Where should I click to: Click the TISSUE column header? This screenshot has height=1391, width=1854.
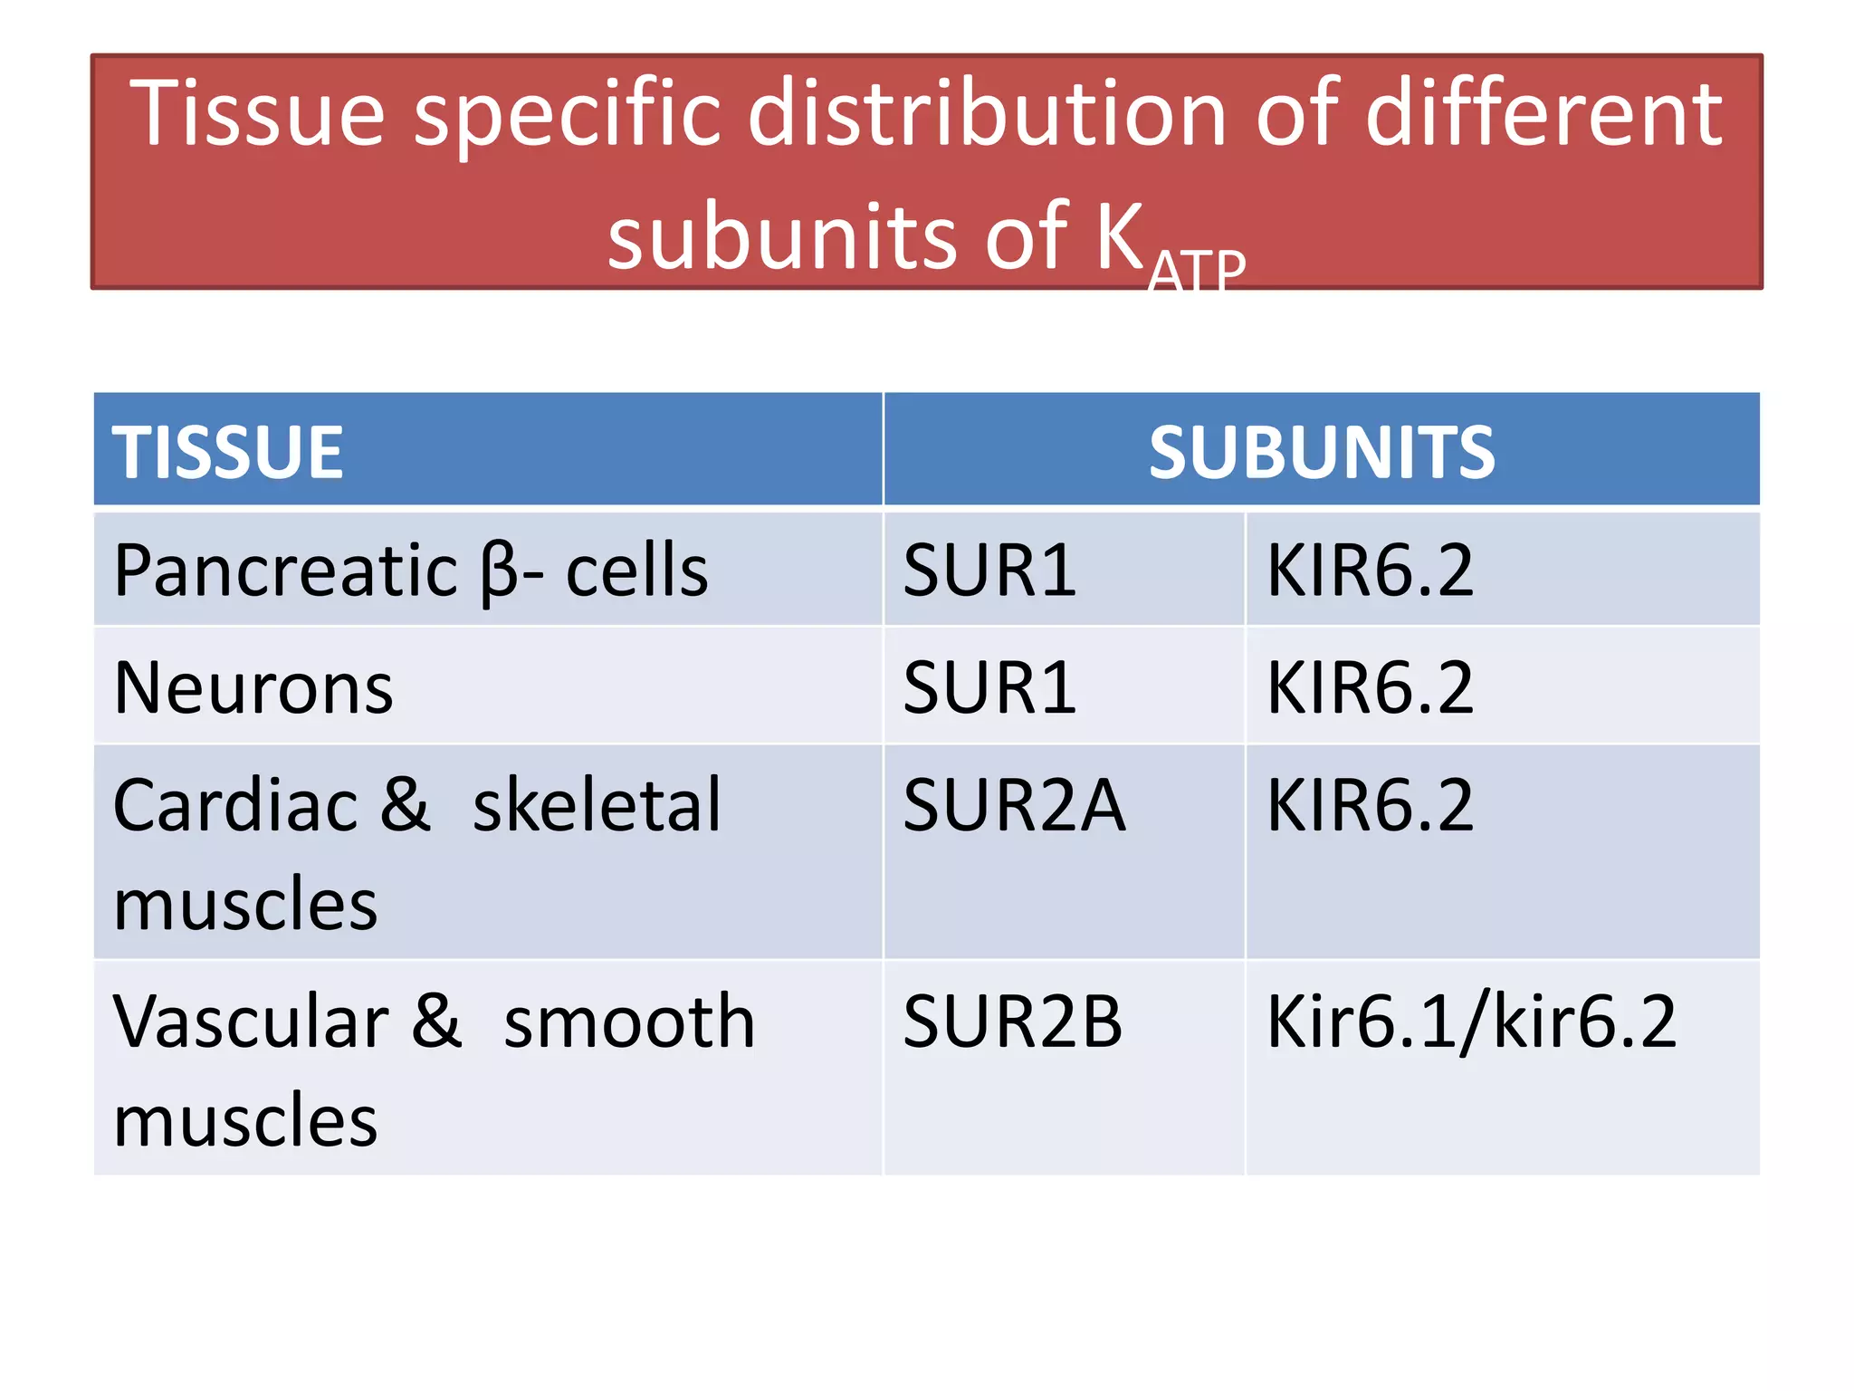(227, 452)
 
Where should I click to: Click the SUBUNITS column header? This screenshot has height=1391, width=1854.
(1321, 452)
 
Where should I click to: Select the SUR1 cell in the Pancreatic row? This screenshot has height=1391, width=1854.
(989, 571)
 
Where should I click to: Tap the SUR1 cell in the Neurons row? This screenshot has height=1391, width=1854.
(989, 688)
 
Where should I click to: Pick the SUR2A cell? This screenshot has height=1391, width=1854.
(1014, 805)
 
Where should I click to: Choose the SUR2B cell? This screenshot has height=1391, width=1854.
(1012, 1022)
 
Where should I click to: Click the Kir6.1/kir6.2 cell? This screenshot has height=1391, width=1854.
(1471, 1022)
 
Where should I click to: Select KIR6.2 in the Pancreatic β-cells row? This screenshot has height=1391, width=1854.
(1370, 571)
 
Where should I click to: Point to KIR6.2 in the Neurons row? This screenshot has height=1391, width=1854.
(1370, 688)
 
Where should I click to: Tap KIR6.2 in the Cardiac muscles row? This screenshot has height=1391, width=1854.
(1370, 805)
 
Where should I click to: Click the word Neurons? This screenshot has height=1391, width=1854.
(253, 688)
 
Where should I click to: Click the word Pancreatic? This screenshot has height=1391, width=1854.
(285, 571)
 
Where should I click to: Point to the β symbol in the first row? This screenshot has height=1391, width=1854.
(499, 573)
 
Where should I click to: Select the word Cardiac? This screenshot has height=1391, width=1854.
(235, 805)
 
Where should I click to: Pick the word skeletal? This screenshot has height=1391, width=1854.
(597, 805)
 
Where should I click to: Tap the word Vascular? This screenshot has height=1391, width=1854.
(251, 1022)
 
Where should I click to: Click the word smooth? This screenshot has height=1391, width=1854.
(629, 1022)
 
